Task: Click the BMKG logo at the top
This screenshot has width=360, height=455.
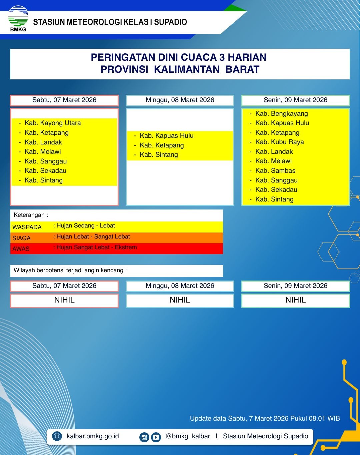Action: pyautogui.click(x=18, y=19)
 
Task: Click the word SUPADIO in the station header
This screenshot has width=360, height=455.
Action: pyautogui.click(x=170, y=22)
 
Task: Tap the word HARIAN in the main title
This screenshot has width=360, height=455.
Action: pyautogui.click(x=247, y=57)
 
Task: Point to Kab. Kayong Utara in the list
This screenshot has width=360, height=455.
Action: pyautogui.click(x=52, y=123)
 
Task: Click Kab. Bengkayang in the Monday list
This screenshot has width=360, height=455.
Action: pyautogui.click(x=281, y=114)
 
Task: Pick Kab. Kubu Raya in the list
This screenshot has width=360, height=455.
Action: pyautogui.click(x=279, y=142)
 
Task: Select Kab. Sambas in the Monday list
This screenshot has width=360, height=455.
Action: pyautogui.click(x=275, y=171)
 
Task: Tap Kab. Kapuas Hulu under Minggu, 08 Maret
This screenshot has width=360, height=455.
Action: pyautogui.click(x=166, y=136)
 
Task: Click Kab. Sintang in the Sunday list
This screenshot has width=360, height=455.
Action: pyautogui.click(x=159, y=155)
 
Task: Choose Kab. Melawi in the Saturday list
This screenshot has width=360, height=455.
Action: pyautogui.click(x=42, y=152)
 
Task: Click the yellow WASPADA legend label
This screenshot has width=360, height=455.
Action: pyautogui.click(x=27, y=227)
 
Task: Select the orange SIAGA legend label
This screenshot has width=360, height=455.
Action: pyautogui.click(x=22, y=238)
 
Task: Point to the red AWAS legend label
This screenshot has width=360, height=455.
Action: pyautogui.click(x=21, y=249)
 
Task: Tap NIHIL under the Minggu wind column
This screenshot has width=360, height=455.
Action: pyautogui.click(x=180, y=300)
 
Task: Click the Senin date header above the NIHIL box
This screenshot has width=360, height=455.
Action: pyautogui.click(x=295, y=286)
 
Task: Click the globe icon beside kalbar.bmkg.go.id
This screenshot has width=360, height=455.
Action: pyautogui.click(x=57, y=436)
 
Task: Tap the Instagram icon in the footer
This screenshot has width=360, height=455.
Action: pyautogui.click(x=144, y=437)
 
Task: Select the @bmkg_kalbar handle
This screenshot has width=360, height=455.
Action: pyautogui.click(x=188, y=436)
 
